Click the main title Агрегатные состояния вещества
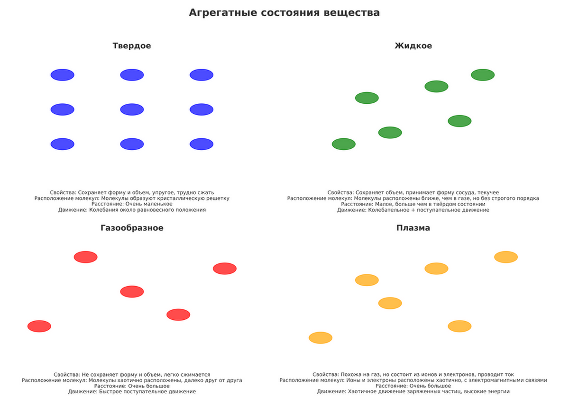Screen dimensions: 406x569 coord(284,13)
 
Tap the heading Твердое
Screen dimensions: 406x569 coord(132,46)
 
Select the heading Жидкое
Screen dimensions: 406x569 coord(413,46)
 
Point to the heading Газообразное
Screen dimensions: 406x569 coord(132,228)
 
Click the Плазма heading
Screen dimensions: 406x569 coord(413,228)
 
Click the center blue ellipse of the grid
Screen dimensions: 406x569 coord(132,109)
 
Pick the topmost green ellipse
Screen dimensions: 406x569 coord(483,75)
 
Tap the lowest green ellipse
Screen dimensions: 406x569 coord(344,144)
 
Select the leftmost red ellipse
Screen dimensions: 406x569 coord(39,326)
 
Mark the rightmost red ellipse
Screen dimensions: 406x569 coord(225,269)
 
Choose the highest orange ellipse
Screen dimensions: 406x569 coord(506,257)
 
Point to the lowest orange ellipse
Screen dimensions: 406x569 coord(321,338)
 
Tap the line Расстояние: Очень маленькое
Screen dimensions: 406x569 coord(132,204)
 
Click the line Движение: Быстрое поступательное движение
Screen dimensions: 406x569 coord(132,392)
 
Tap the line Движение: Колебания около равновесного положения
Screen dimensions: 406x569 coord(132,210)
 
